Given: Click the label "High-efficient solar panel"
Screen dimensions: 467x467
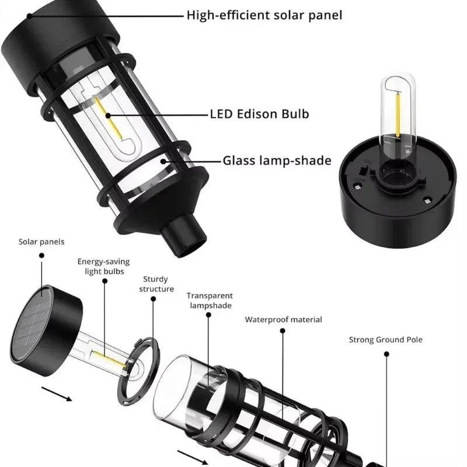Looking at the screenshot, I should point(264,15).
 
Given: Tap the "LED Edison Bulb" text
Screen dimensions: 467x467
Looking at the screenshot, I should point(259,113).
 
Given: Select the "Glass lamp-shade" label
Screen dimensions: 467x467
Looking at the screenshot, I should point(277,161).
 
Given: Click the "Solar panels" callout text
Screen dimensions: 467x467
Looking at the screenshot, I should point(41,242).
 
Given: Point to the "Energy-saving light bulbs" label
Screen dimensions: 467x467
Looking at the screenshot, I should point(104,266).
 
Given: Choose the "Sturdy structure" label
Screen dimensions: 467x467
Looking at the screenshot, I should point(156,284).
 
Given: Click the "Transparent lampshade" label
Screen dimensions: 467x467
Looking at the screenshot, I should point(210,301).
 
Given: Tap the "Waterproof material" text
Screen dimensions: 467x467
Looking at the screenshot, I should point(283,319).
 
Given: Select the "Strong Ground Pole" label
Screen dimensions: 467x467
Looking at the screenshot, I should point(385,339).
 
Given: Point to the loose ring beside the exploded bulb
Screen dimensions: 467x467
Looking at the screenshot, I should point(138,371).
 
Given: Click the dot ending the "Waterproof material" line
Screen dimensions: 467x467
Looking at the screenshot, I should point(283,331).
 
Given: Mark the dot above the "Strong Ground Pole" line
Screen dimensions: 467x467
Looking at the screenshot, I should point(385,354).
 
